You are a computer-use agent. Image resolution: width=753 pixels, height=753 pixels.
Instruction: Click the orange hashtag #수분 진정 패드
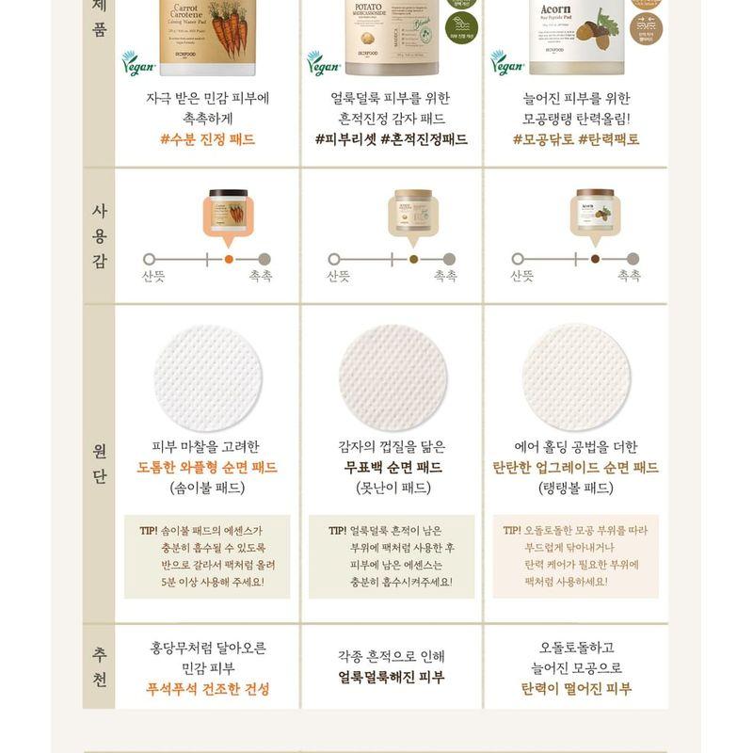coord(207,139)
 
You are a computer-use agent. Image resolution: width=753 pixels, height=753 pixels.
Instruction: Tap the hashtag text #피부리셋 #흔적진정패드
coord(391,139)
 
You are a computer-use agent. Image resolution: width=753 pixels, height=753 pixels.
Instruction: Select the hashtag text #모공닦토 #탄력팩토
coord(575,139)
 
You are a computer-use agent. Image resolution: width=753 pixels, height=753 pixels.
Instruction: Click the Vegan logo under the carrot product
coord(138,63)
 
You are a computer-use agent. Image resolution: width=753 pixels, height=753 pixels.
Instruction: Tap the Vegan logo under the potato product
coord(323,63)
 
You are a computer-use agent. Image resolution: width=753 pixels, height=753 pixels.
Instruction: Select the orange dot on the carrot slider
coord(229,259)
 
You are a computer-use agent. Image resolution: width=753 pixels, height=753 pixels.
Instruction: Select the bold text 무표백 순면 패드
coord(391,468)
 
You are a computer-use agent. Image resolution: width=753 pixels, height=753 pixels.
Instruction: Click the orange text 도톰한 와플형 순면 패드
coord(207,468)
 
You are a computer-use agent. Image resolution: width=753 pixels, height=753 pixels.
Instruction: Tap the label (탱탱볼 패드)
coord(575,489)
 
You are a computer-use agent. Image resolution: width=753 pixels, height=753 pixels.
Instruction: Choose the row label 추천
coord(99,666)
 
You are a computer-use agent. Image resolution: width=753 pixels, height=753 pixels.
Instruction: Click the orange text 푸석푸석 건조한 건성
coord(207,689)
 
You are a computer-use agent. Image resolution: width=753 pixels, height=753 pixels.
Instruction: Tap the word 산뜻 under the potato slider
coord(338,277)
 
